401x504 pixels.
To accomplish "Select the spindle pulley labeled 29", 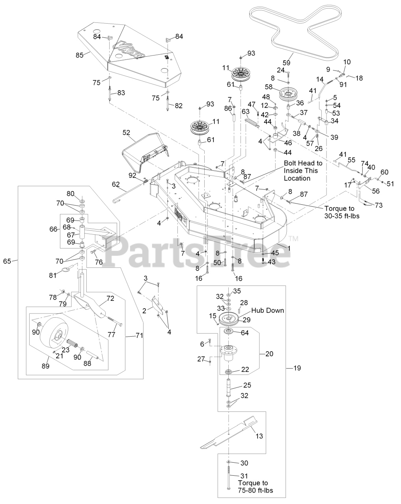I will pyautogui.click(x=229, y=319).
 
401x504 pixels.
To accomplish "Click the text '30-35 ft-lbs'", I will pyautogui.click(x=336, y=216).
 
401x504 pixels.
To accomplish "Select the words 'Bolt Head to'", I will pyautogui.click(x=303, y=163).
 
